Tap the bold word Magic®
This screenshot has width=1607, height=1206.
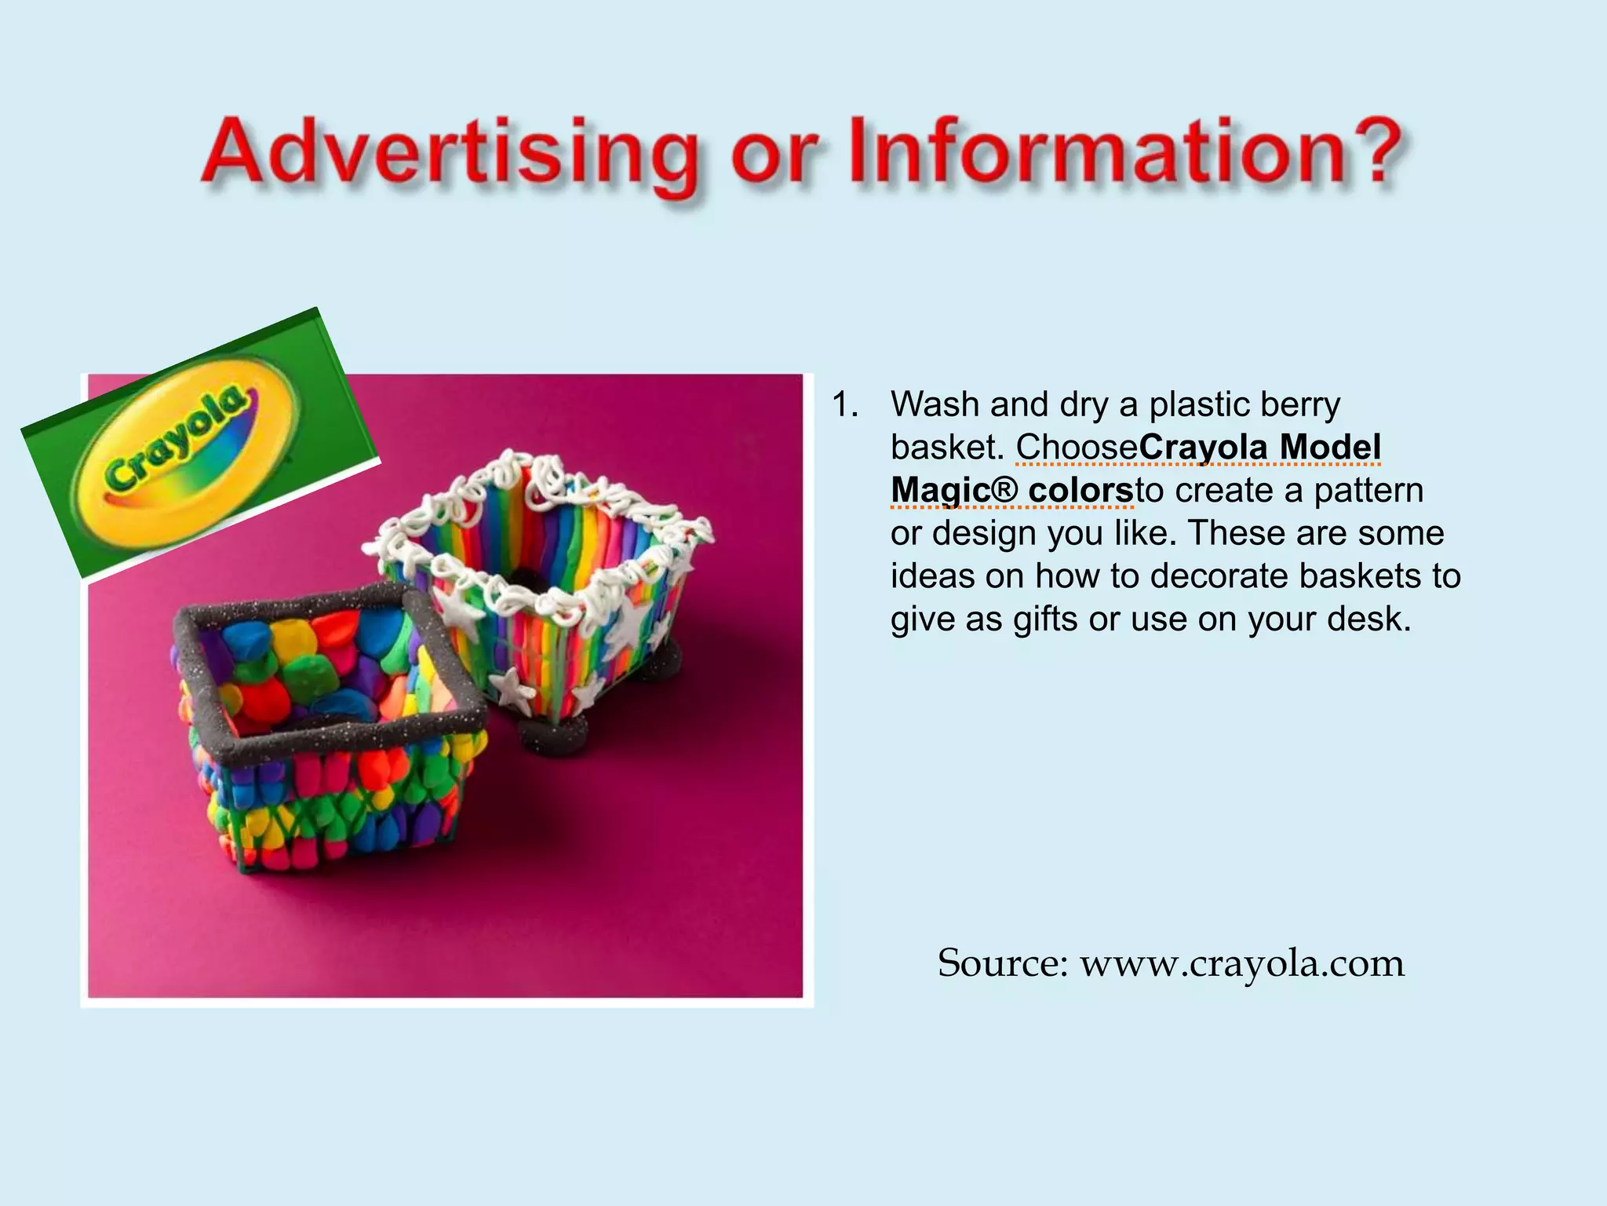pyautogui.click(x=954, y=491)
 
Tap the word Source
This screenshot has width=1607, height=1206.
pyautogui.click(x=1002, y=963)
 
